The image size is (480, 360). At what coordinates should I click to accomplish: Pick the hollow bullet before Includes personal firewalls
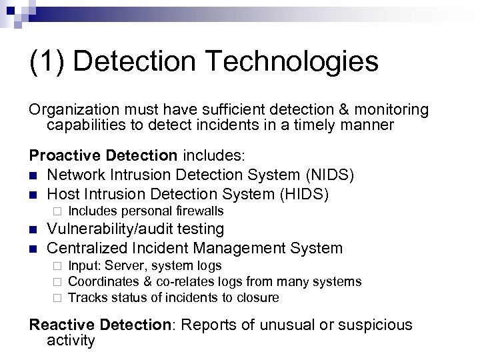click(x=57, y=212)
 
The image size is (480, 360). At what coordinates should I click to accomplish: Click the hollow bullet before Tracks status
click(x=57, y=298)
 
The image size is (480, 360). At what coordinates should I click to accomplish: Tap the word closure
click(x=258, y=297)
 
